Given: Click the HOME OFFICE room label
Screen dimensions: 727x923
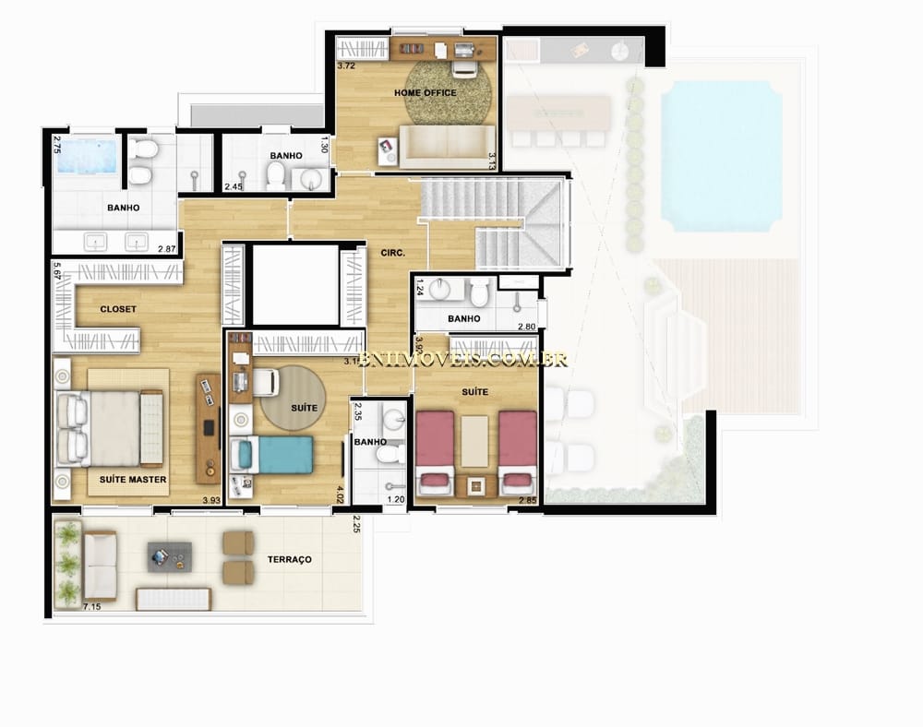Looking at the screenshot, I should click(426, 93).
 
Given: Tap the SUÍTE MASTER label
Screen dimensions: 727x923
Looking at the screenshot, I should click(134, 480).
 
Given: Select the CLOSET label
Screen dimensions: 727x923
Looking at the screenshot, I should click(118, 309).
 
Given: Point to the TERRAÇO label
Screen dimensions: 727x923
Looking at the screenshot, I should click(289, 560).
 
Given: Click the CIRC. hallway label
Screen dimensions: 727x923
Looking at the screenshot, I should click(380, 252).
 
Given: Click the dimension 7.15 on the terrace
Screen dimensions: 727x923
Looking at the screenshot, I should click(91, 606).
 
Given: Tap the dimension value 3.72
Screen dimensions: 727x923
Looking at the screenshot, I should click(346, 67).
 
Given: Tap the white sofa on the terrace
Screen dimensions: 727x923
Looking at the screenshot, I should click(100, 566).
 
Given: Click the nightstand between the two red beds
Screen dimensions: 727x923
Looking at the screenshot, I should click(474, 485).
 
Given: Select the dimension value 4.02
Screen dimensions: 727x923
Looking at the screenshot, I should click(340, 495).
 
